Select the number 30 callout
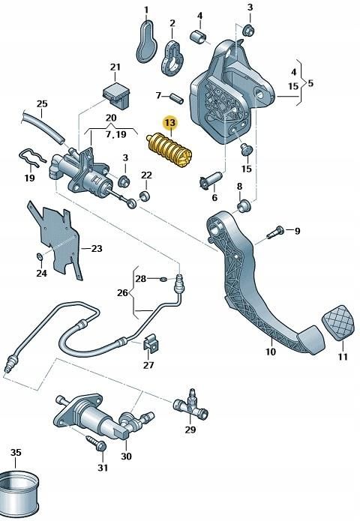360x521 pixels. pyautogui.click(x=126, y=456)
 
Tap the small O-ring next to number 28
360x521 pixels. pyautogui.click(x=163, y=280)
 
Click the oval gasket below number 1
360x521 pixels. pyautogui.click(x=147, y=40)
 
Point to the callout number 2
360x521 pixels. pyautogui.click(x=172, y=23)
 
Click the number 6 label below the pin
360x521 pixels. pyautogui.click(x=214, y=198)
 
